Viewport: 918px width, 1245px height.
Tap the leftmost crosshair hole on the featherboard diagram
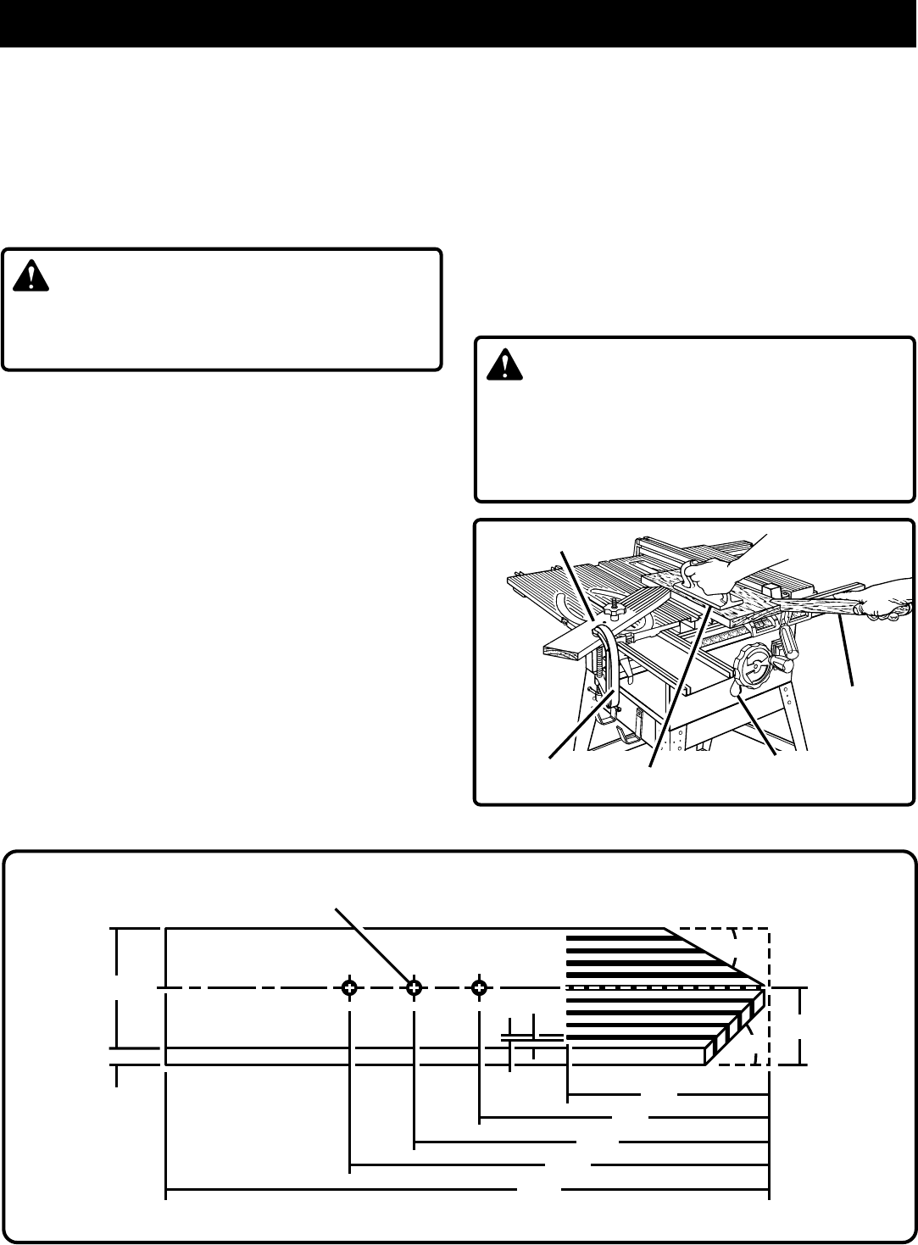348,987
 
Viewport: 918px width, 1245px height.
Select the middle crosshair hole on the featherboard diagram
414,987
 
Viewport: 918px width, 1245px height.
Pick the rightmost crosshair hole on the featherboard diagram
480,987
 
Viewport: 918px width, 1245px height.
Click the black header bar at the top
459,23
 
